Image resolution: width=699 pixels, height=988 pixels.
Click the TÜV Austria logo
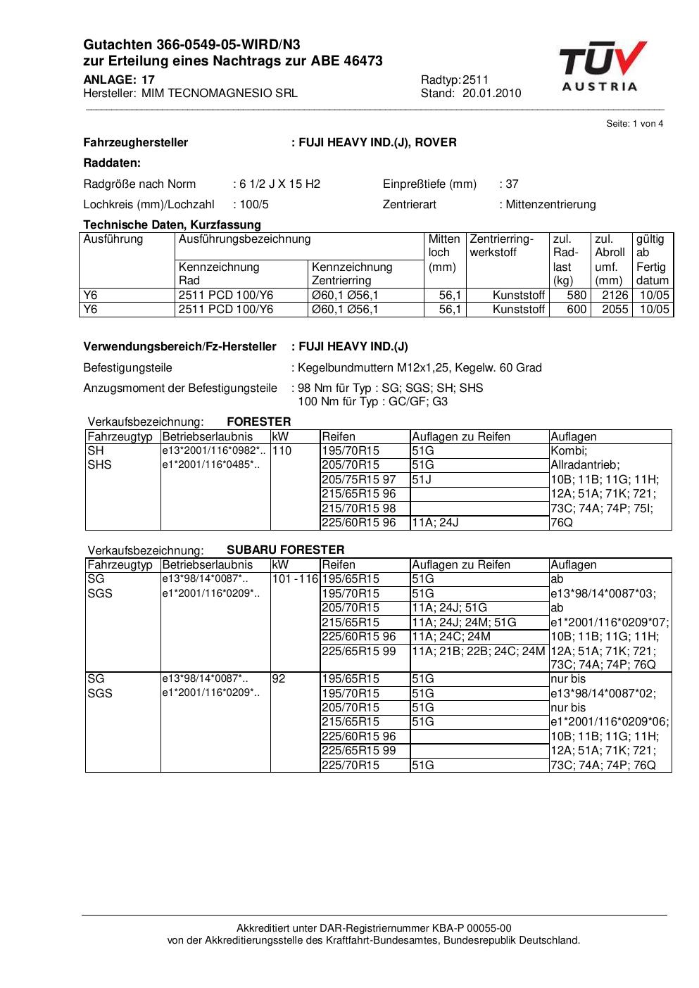coord(602,66)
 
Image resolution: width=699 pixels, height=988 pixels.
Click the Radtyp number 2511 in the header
coord(476,80)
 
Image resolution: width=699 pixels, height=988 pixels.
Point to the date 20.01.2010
coord(492,93)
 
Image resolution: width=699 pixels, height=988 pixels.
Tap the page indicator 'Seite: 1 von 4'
coord(634,124)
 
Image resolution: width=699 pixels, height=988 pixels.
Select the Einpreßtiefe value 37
coord(512,184)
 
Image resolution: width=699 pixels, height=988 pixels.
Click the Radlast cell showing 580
coord(577,296)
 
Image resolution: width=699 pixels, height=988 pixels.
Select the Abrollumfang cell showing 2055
coord(615,310)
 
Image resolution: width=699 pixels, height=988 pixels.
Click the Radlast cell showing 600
coord(577,310)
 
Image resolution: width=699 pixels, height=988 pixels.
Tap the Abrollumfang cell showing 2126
coord(615,296)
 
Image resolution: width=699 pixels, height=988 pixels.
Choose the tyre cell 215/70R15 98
coord(359,508)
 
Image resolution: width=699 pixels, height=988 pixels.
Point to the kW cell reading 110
coord(282,451)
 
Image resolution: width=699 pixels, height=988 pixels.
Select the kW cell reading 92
coord(279,679)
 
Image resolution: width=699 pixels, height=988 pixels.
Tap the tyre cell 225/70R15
coord(351,765)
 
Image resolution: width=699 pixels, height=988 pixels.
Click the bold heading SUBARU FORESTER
coord(286,550)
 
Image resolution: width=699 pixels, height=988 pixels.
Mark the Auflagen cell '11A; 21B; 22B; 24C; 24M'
coord(479,651)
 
